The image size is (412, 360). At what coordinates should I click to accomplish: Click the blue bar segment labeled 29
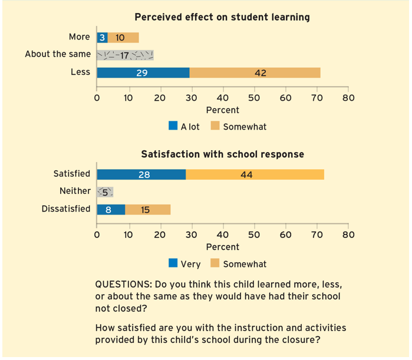[143, 72]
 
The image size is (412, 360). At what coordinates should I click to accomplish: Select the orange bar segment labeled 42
[255, 72]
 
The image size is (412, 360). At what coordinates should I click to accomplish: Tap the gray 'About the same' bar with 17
[125, 55]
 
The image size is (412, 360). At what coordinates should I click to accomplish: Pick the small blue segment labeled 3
[102, 37]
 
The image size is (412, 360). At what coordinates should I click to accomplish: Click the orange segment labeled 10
[123, 37]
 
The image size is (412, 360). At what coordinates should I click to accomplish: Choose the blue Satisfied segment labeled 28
[141, 174]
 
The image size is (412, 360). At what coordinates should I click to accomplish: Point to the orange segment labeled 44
[255, 174]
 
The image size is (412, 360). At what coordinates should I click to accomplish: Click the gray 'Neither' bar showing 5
[105, 191]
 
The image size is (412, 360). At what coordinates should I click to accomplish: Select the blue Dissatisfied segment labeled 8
[111, 209]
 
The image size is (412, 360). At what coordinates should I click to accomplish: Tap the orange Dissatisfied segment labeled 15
[147, 209]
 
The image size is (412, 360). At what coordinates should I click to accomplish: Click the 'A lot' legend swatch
[173, 126]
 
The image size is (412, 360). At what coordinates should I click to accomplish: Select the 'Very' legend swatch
[173, 263]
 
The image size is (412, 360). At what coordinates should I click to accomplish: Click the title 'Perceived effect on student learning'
[222, 17]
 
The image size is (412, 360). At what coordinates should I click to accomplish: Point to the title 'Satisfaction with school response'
[222, 154]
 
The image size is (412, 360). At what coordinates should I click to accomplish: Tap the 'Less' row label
[80, 72]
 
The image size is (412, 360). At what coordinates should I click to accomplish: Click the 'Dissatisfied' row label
[66, 209]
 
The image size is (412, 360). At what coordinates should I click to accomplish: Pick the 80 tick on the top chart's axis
[348, 97]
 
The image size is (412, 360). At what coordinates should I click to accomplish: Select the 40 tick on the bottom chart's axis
[222, 235]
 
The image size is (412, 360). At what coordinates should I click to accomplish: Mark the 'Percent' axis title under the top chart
[222, 110]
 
